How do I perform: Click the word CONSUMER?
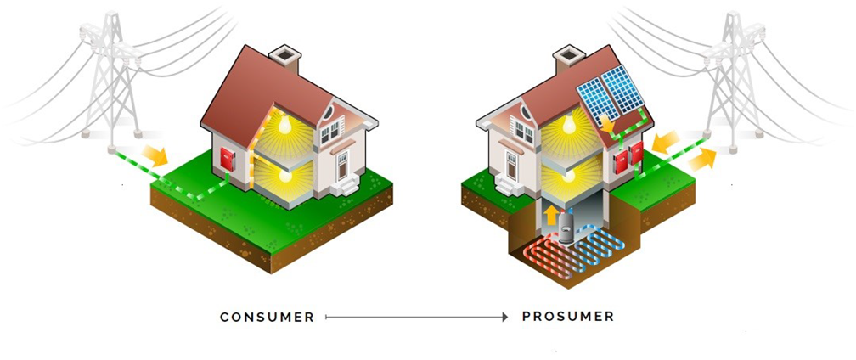(267, 317)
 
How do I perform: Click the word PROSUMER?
(568, 317)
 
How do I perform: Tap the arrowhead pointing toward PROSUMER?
(505, 317)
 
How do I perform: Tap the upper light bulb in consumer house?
(284, 125)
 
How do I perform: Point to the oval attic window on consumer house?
(328, 112)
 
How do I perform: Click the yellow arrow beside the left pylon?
(155, 155)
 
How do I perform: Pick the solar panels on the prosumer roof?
(611, 94)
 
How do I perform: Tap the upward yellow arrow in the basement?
(550, 215)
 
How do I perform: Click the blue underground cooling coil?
(598, 245)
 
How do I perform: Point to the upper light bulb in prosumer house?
(569, 125)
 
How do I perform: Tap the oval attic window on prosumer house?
(527, 112)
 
